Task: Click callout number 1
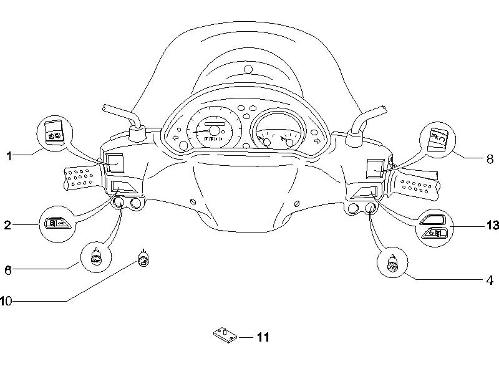pyautogui.click(x=9, y=156)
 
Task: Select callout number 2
pyautogui.click(x=7, y=225)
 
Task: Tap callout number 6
pyautogui.click(x=8, y=270)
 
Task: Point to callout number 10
pyautogui.click(x=6, y=301)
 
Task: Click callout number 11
pyautogui.click(x=263, y=337)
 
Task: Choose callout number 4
pyautogui.click(x=490, y=280)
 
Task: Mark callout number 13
pyautogui.click(x=493, y=225)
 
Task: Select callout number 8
pyautogui.click(x=490, y=159)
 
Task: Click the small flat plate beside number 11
pyautogui.click(x=225, y=335)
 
